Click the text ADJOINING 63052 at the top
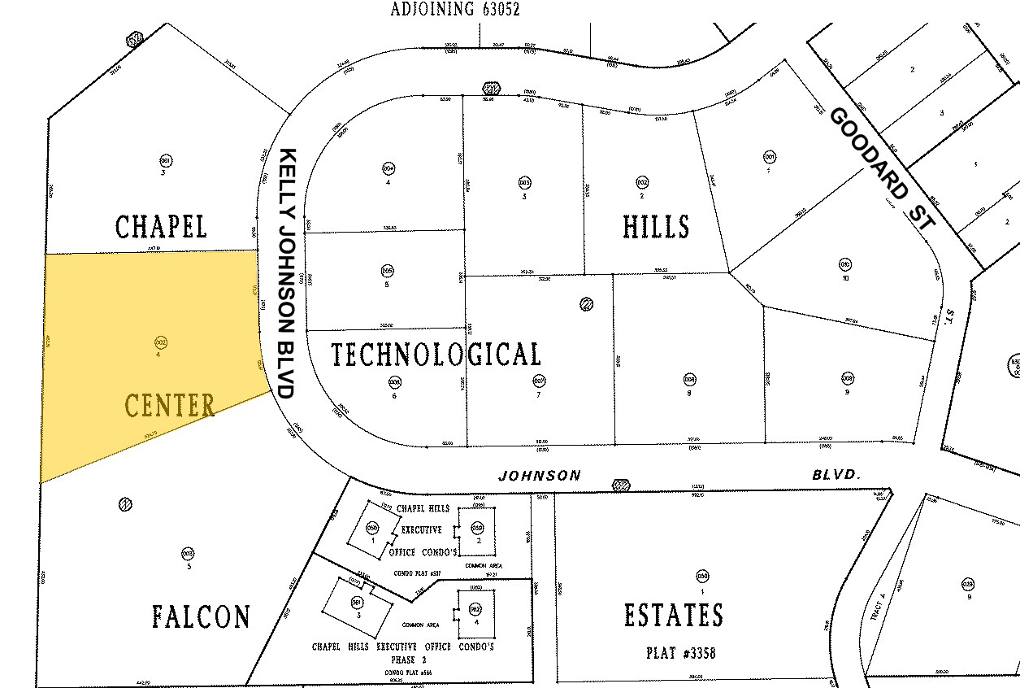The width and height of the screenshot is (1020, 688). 454,10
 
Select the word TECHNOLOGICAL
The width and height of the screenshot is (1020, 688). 436,355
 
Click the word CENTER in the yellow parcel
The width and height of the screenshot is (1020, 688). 170,404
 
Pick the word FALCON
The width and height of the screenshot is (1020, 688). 201,616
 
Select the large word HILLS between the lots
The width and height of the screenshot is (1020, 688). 656,226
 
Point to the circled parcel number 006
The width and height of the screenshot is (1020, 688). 394,381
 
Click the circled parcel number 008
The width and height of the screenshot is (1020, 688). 689,379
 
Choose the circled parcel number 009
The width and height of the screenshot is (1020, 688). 847,378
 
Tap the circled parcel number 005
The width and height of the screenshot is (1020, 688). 388,271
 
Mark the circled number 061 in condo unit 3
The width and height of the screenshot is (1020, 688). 356,603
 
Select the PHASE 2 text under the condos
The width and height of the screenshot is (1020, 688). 401,660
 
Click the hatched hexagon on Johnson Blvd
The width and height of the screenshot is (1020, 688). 621,485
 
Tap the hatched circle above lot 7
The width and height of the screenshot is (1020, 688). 587,305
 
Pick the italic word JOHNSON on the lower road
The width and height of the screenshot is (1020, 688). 540,476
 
